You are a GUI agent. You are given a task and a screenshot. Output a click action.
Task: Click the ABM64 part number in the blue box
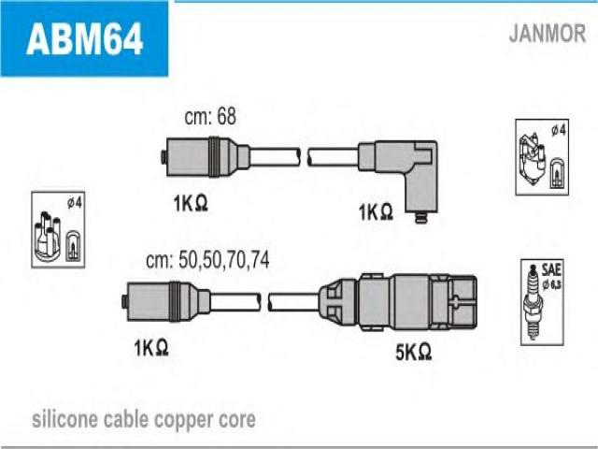pyautogui.click(x=85, y=38)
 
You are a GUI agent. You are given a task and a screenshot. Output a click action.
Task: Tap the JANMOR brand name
pyautogui.click(x=547, y=33)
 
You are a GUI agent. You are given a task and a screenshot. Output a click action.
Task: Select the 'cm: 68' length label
pyautogui.click(x=210, y=116)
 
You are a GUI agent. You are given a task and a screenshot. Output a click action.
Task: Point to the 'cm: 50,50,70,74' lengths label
pyautogui.click(x=207, y=260)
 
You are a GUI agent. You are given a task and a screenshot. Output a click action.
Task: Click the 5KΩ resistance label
pyautogui.click(x=413, y=352)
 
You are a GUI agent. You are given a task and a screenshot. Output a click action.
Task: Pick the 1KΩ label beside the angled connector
pyautogui.click(x=376, y=212)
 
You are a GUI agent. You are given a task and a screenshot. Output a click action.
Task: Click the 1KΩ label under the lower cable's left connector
pyautogui.click(x=151, y=348)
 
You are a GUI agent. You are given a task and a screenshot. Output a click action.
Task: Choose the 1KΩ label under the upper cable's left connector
pyautogui.click(x=191, y=203)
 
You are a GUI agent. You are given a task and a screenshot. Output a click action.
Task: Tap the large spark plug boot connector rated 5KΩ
pyautogui.click(x=399, y=302)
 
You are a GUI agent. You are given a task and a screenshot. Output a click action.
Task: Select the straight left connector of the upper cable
pyautogui.click(x=206, y=156)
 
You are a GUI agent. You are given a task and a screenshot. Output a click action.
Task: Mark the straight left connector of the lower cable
pyautogui.click(x=166, y=301)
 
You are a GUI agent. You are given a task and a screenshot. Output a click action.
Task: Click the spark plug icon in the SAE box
pyautogui.click(x=534, y=301)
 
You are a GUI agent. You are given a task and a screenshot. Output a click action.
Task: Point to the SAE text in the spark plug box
pyautogui.click(x=551, y=270)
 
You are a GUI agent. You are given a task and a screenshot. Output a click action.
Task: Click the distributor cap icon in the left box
pyautogui.click(x=48, y=237)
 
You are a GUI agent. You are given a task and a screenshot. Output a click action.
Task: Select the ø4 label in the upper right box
pyautogui.click(x=559, y=131)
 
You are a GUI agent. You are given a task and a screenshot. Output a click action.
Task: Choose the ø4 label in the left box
pyautogui.click(x=75, y=203)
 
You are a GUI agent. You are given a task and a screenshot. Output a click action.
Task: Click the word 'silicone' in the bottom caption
pyautogui.click(x=64, y=420)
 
